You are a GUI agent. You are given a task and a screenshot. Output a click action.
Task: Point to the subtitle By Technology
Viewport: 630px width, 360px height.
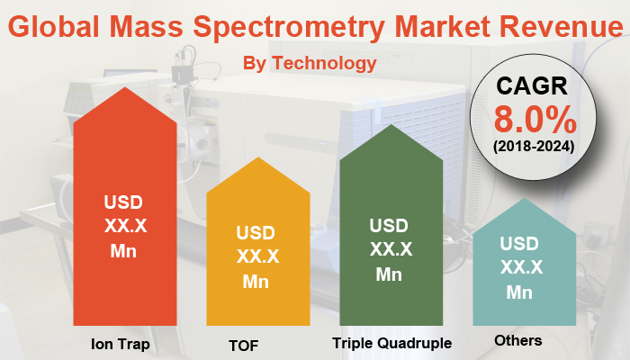310,63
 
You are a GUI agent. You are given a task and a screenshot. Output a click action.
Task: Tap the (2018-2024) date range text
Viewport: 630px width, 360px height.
533,145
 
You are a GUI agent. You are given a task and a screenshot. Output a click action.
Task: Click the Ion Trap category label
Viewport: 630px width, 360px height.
120,344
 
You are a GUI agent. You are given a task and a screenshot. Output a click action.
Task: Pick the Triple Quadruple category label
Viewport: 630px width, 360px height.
391,343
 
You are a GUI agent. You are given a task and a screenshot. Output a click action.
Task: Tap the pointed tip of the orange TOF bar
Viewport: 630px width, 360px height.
256,157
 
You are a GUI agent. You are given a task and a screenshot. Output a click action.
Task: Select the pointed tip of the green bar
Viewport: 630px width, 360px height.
391,125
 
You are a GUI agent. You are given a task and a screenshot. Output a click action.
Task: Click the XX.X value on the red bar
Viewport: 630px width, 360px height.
122,226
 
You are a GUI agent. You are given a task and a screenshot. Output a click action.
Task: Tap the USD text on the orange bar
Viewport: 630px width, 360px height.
256,232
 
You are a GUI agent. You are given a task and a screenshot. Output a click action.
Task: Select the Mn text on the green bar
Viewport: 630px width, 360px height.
389,274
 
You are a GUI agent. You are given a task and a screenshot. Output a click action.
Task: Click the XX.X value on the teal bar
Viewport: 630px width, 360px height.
521,267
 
